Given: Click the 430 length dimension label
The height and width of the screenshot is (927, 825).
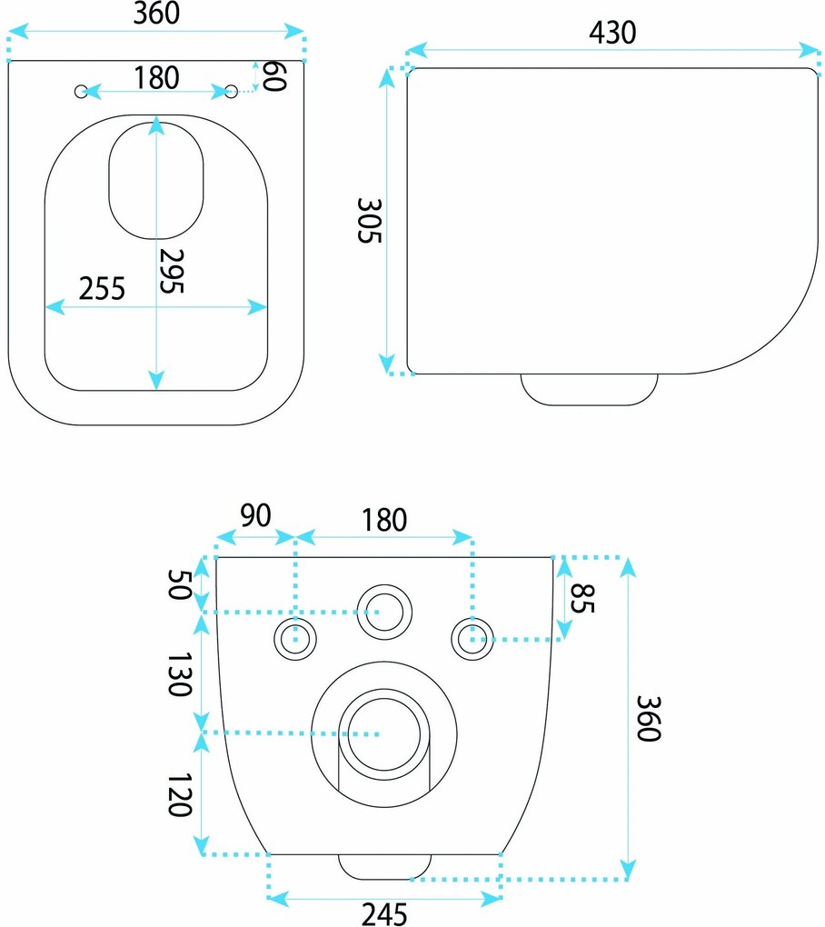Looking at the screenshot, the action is [x=612, y=33].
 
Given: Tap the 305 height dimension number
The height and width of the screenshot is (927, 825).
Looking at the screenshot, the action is [x=370, y=220].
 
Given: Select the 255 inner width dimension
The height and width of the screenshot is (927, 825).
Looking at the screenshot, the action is [x=102, y=288].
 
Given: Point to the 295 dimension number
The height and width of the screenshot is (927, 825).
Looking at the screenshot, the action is [x=172, y=271].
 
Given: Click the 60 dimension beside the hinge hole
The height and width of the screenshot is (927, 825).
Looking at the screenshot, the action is [x=273, y=76].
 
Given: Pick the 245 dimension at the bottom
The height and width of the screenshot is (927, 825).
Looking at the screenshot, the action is [x=384, y=914].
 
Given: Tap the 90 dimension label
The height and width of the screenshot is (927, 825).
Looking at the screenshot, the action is [x=255, y=515].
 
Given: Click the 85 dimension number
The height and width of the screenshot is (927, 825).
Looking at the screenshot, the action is [x=582, y=598].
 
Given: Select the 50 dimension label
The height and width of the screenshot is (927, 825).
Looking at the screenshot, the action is [x=180, y=584].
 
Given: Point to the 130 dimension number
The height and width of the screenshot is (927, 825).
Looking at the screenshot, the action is [x=180, y=674].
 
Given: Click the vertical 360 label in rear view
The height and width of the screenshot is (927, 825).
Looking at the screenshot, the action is [x=649, y=718].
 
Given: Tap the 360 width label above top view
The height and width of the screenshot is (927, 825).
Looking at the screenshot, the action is [x=156, y=14].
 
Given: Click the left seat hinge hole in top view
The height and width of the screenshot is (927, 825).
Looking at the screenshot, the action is [x=81, y=91].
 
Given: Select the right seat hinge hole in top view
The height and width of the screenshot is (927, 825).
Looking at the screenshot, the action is [x=231, y=91].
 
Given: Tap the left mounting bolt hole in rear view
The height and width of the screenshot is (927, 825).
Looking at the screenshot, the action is [x=295, y=639].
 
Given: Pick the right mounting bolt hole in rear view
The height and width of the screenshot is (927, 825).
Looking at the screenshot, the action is [x=472, y=639].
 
